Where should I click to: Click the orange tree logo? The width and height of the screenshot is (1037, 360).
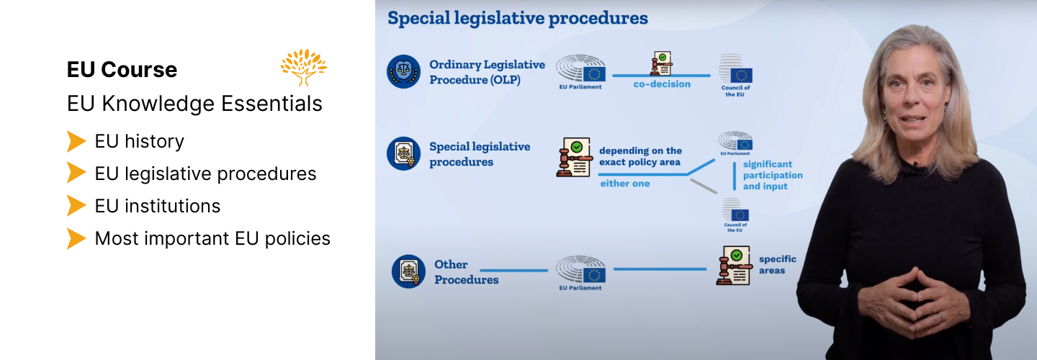(x=304, y=67)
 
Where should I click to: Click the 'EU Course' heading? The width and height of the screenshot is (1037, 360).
(x=122, y=69)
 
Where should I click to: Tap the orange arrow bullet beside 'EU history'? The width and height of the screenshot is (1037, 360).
(x=76, y=141)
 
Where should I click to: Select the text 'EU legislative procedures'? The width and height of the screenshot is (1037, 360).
(x=205, y=174)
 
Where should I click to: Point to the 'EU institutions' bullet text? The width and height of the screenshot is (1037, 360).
(x=158, y=206)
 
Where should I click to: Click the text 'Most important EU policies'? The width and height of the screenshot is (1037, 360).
(x=212, y=238)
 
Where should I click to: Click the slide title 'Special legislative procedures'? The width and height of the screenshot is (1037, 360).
(x=518, y=18)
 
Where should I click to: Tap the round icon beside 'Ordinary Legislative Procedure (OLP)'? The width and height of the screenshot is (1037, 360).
(x=404, y=72)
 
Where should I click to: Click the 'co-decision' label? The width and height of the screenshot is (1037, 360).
(x=662, y=84)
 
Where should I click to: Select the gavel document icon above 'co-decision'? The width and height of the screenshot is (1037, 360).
(x=662, y=63)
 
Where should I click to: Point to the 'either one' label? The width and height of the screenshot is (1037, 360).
(x=625, y=184)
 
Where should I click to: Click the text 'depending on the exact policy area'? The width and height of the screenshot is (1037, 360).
(x=640, y=156)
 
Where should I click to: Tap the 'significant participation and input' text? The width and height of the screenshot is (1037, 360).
(x=773, y=176)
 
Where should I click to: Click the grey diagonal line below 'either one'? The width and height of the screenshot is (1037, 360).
(x=704, y=186)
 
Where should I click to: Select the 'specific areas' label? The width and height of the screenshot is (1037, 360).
(x=778, y=265)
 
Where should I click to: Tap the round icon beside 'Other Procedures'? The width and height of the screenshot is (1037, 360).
(x=408, y=271)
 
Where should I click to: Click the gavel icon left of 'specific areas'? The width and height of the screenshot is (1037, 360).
(x=734, y=266)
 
